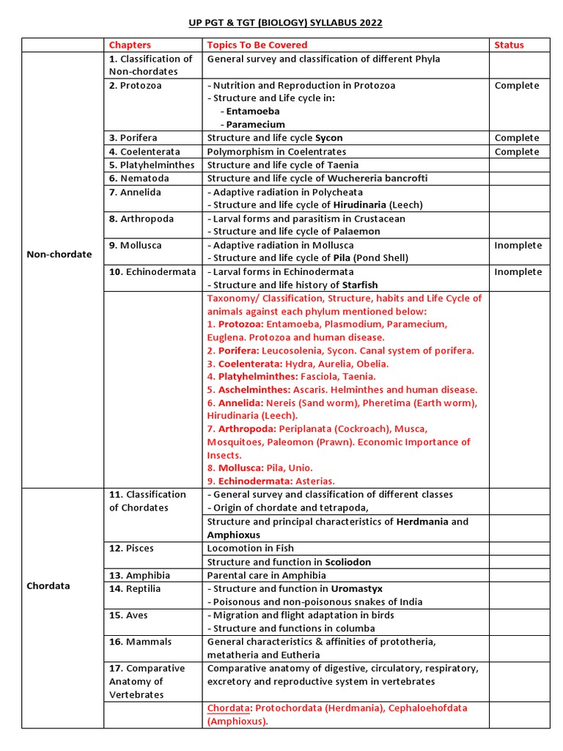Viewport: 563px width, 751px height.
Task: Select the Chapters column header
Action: click(130, 45)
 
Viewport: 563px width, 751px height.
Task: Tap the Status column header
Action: click(509, 45)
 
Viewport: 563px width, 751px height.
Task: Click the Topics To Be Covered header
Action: click(257, 45)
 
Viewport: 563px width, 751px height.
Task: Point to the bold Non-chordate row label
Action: click(59, 254)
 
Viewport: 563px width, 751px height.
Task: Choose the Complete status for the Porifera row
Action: click(516, 138)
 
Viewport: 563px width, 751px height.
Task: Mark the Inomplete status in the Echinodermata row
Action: click(518, 271)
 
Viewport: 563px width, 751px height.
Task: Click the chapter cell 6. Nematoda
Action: click(139, 178)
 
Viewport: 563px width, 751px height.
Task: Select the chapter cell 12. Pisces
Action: click(132, 549)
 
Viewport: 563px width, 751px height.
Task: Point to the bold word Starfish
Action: click(359, 285)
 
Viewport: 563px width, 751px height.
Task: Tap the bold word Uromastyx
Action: click(356, 589)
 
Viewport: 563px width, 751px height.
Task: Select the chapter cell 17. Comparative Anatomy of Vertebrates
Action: click(147, 681)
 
